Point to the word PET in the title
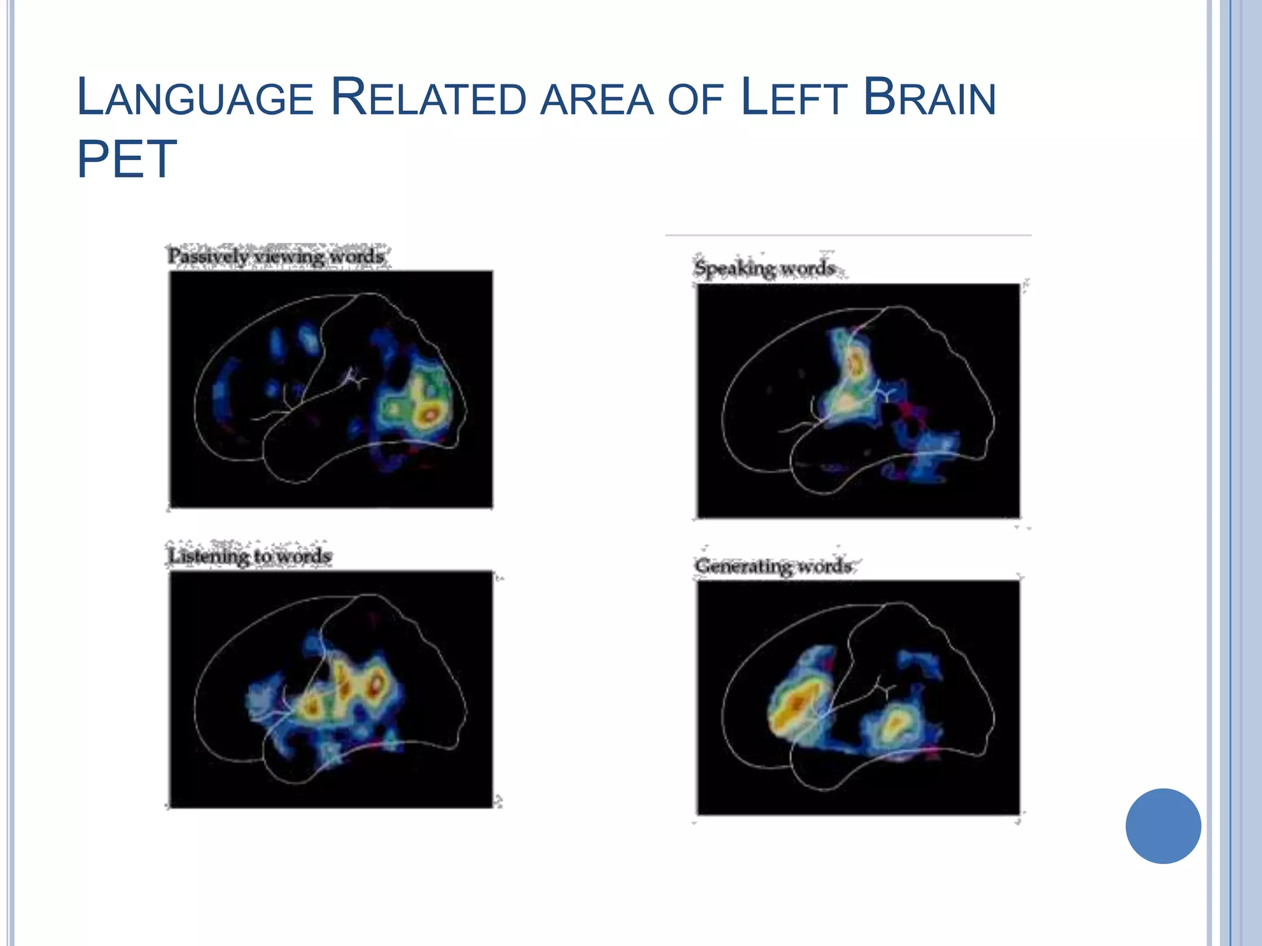[x=127, y=159]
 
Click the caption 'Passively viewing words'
[x=276, y=256]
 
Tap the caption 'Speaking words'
[x=764, y=269]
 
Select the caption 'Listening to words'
[x=250, y=556]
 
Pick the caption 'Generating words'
[x=773, y=565]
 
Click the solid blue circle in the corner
[x=1163, y=826]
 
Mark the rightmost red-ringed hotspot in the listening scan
[x=376, y=682]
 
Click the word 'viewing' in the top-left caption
[x=288, y=256]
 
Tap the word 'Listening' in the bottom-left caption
[x=208, y=556]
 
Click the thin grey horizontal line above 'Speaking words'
[x=848, y=235]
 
